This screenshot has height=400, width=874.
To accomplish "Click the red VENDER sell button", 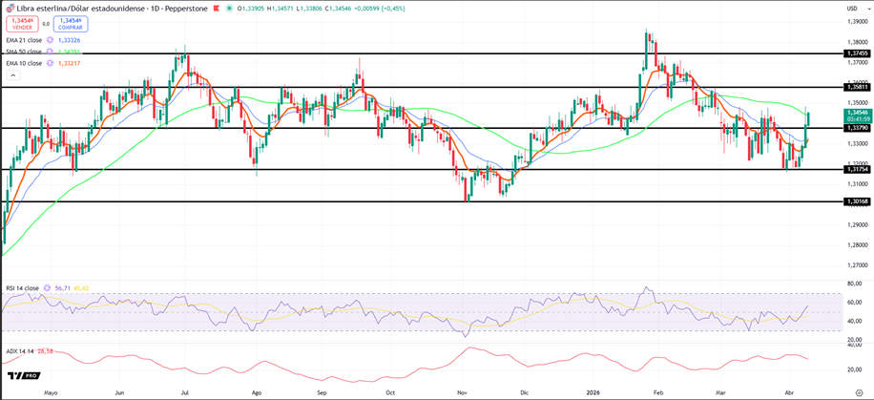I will (21, 23).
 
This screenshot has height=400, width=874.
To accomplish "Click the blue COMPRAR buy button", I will (71, 23).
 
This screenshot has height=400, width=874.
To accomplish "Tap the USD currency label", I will (851, 9).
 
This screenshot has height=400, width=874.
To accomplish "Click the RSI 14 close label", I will (22, 286).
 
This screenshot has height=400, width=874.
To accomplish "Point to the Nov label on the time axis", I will (462, 391).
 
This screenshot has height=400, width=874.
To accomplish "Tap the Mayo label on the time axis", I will (52, 391).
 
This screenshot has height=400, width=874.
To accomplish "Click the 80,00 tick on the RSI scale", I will (854, 284).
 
